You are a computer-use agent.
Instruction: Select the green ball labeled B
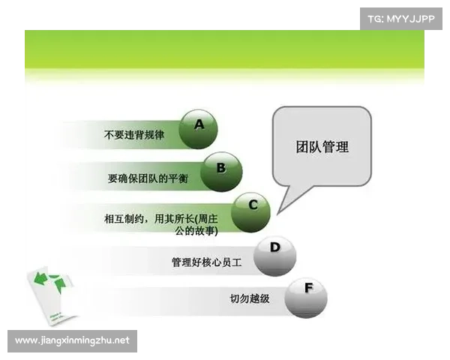222,172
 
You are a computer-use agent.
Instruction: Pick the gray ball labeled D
275,256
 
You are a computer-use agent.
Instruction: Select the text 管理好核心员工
208,262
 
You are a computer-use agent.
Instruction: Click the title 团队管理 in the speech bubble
322,146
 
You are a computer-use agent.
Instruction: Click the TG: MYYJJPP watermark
402,19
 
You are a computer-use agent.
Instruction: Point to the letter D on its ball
275,247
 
